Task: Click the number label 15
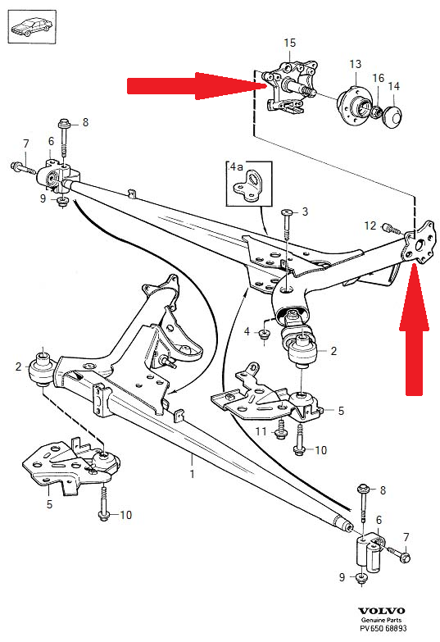pos(288,42)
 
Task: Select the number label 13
pos(355,63)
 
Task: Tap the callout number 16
pos(378,79)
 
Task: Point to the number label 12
pos(370,225)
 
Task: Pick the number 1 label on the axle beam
pos(193,475)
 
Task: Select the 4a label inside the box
pos(237,166)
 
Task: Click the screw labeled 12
pos(388,226)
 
